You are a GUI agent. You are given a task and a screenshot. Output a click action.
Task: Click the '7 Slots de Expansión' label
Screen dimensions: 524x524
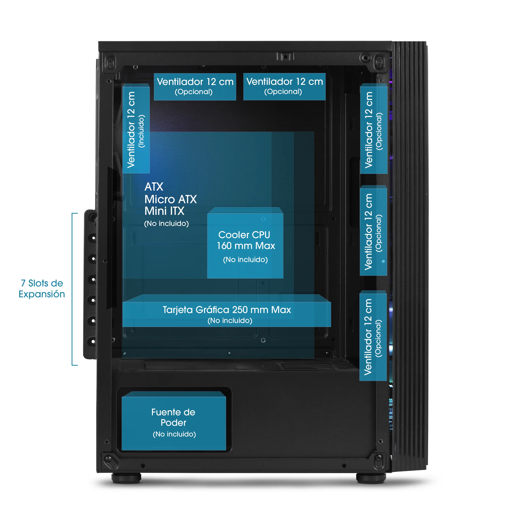(42, 289)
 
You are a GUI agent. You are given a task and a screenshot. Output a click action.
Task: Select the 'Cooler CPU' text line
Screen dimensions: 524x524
(244, 235)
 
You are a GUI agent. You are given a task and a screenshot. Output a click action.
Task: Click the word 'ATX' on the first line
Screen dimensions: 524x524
(154, 187)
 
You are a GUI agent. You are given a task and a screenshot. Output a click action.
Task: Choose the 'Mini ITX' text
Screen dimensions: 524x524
(164, 211)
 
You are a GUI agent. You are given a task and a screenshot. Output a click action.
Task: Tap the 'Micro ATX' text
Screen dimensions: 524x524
(170, 199)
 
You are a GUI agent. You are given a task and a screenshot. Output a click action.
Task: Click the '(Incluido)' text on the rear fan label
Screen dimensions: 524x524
(141, 131)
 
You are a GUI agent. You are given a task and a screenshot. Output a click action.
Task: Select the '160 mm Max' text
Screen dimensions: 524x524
(246, 246)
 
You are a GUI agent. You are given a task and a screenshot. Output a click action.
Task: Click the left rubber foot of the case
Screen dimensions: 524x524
(126, 478)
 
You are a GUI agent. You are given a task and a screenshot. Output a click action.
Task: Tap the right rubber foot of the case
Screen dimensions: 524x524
(371, 478)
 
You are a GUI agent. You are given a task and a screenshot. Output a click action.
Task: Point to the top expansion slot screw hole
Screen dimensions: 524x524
(94, 238)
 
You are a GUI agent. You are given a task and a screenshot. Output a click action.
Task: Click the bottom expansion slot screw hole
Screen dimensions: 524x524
(93, 341)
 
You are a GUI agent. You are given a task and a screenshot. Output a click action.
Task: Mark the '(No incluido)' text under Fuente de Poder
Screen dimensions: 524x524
(174, 434)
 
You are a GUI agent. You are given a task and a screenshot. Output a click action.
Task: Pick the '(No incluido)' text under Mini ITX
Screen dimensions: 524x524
(166, 224)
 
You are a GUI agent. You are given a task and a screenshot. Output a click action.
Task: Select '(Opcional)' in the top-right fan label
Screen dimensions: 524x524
(283, 92)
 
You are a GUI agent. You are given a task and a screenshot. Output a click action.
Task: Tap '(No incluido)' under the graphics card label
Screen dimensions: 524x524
(230, 321)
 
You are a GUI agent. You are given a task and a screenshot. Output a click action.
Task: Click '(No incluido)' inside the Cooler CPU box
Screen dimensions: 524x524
(245, 259)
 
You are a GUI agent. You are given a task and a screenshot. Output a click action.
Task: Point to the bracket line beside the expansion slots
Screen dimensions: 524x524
(72, 289)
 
